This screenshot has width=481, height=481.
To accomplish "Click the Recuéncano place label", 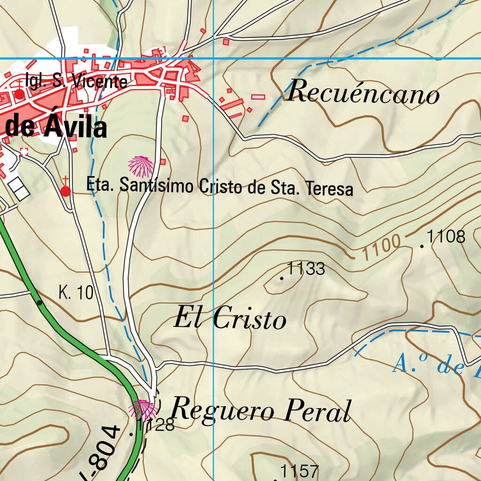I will click(363, 92).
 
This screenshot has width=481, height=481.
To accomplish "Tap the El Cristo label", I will click(230, 319).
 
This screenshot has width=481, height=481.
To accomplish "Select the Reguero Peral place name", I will click(261, 410).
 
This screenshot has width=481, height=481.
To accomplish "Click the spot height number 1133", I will click(306, 269).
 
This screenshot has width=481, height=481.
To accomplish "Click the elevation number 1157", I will click(299, 471).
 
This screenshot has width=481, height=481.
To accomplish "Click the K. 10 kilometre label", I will click(76, 293).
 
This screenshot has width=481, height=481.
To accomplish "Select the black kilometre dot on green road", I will click(40, 303).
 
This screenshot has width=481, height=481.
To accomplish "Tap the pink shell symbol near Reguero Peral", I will click(143, 410).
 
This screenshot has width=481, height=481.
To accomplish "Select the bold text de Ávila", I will click(56, 127).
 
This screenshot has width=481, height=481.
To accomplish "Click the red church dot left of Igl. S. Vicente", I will click(19, 94).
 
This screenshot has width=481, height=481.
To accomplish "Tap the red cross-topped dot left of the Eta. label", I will click(66, 191).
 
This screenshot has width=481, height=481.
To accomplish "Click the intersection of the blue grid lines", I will click(214, 58).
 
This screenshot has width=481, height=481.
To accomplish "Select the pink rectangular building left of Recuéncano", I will click(258, 97).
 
